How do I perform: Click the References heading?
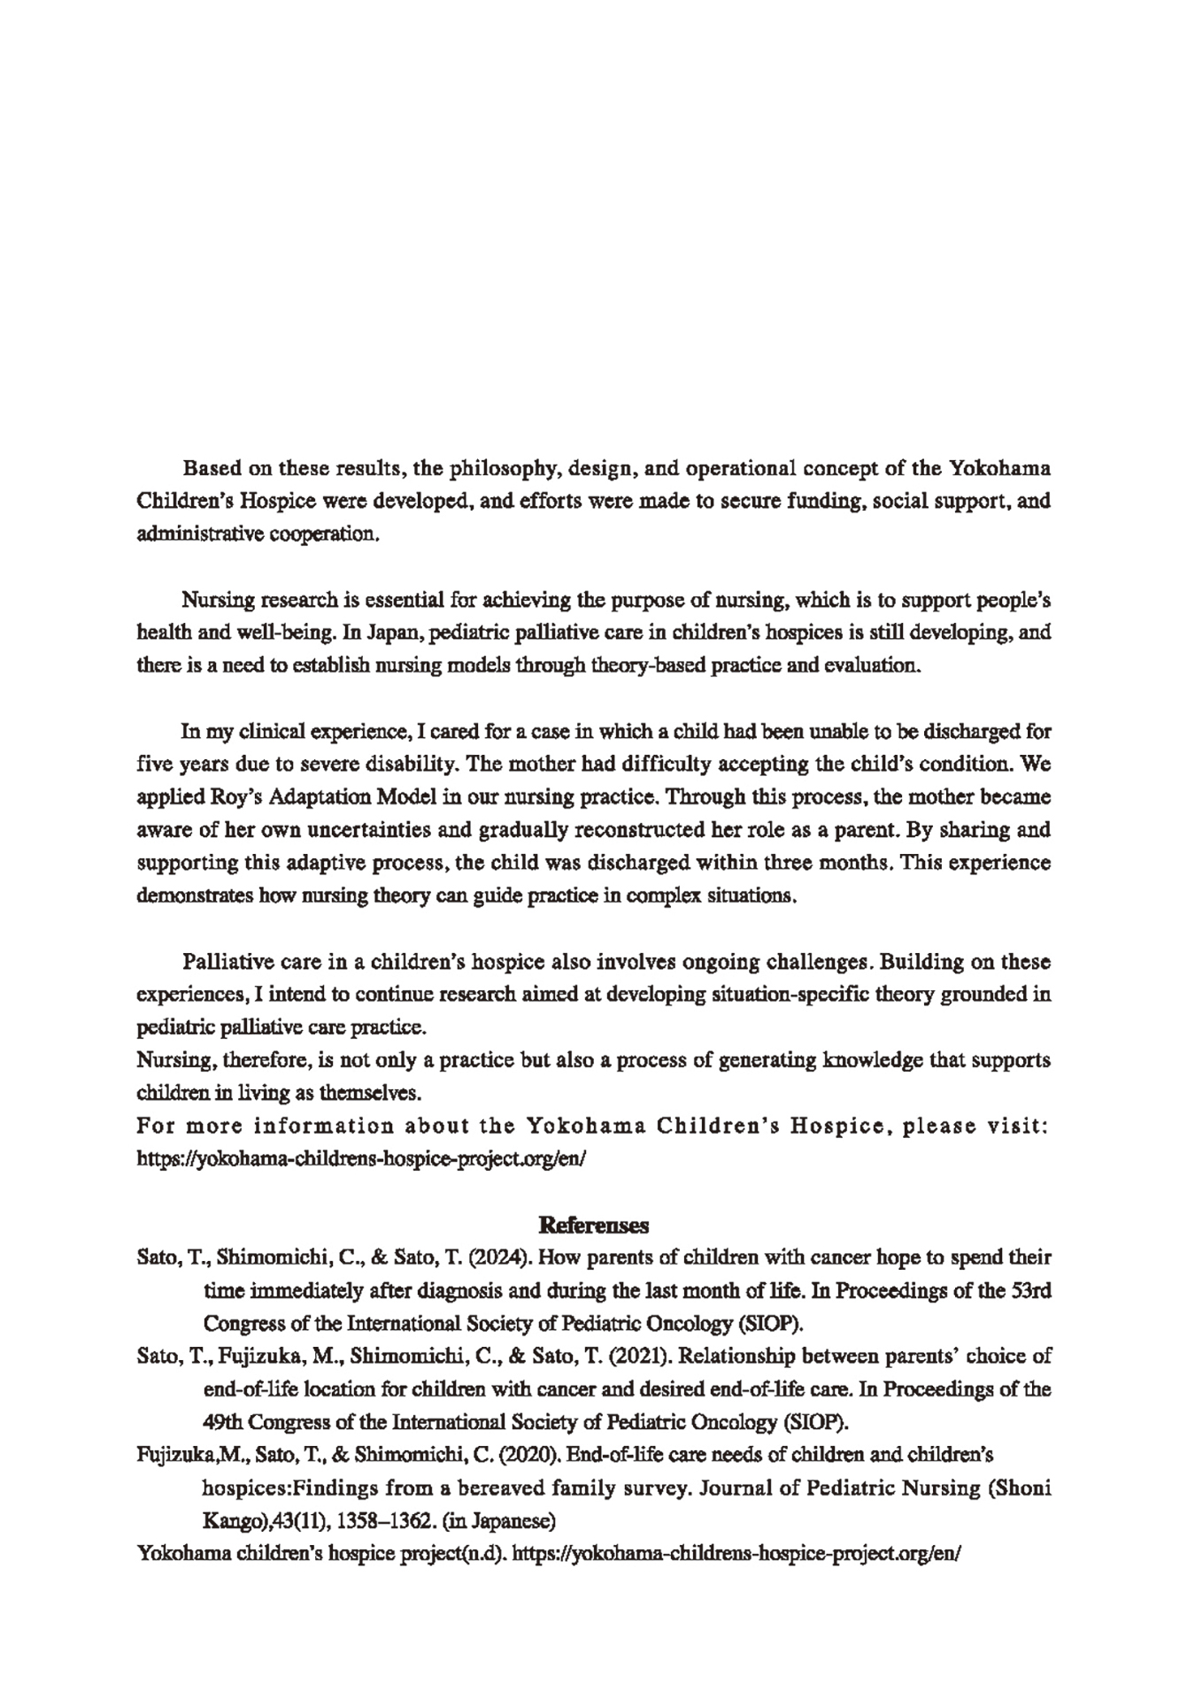tap(594, 1226)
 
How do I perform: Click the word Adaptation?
tap(320, 796)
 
